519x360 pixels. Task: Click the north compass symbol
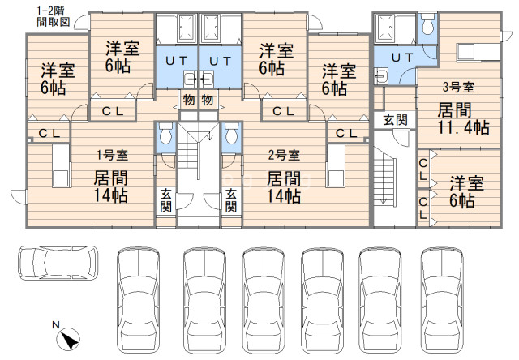pos(68,337)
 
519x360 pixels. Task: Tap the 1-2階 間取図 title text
pos(53,16)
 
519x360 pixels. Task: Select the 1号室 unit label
pos(112,155)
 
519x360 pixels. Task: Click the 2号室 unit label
pos(284,155)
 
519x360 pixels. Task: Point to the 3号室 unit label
pos(459,88)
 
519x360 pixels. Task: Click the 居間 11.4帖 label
pos(463,119)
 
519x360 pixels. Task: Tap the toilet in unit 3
pos(427,24)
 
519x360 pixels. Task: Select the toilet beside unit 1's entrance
pos(165,133)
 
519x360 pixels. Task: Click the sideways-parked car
pos(58,263)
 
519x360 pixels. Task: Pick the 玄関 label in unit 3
pos(395,120)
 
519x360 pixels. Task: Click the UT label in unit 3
pos(402,58)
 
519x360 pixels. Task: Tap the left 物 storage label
pos(189,100)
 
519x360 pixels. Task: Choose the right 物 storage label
pos(208,100)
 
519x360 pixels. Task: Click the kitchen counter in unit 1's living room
pos(61,165)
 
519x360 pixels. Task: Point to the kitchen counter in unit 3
pos(478,52)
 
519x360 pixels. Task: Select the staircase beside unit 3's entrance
pos(385,182)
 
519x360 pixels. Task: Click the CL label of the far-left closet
pos(49,133)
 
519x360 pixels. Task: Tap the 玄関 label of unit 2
pos(231,199)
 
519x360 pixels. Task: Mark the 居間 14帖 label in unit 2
pos(284,186)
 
